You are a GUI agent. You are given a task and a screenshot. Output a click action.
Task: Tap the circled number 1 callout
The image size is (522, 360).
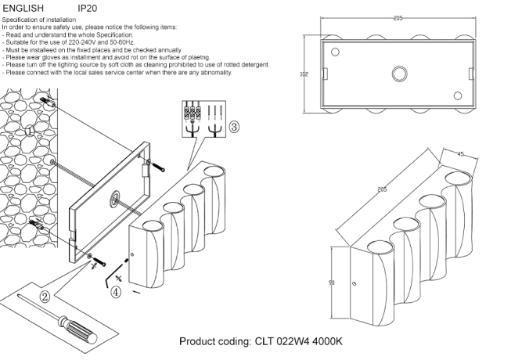[29, 131]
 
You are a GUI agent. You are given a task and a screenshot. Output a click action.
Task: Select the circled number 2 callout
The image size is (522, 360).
[45, 297]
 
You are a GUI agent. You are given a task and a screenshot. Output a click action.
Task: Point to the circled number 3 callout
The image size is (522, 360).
[233, 125]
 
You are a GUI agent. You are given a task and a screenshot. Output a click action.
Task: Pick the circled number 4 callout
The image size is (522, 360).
[116, 293]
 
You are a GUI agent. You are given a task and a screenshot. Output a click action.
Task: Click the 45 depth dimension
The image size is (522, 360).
[461, 154]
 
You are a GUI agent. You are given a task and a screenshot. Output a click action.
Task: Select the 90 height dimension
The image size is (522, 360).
[332, 283]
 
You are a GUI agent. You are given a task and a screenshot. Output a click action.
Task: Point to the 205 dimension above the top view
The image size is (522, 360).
[398, 17]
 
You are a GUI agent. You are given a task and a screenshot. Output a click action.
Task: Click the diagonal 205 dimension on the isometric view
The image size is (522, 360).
[382, 189]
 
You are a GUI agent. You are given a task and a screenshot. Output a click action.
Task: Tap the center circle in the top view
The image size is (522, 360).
[398, 75]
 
